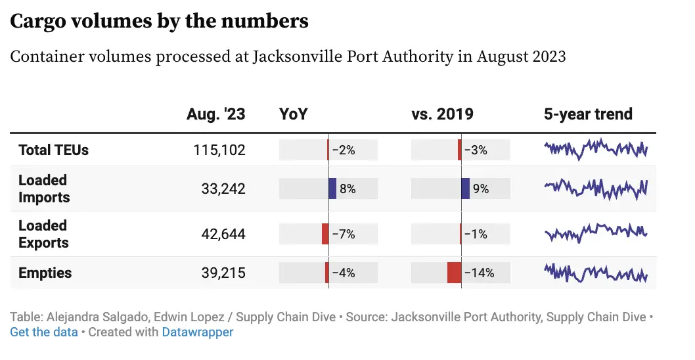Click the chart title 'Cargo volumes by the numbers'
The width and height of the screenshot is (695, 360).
coord(159,21)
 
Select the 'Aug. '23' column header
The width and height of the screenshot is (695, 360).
coord(215,114)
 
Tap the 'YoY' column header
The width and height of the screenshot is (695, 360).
coord(294,114)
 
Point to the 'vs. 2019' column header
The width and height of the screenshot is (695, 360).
coord(442,114)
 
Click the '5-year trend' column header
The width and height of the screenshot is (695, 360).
coord(588,114)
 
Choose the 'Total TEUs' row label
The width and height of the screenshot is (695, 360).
coord(53,150)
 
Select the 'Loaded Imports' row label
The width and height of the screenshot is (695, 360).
coord(43,189)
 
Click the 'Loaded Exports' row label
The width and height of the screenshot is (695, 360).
coord(43,234)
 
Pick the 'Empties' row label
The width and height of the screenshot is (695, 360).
coord(45,273)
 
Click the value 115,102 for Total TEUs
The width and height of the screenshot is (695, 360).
coord(219,150)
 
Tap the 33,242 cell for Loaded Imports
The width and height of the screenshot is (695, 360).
coord(223,189)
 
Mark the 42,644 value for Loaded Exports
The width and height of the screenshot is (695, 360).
coord(223,234)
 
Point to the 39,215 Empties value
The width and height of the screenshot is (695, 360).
coord(223,273)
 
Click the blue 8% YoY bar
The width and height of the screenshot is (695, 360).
coord(332,189)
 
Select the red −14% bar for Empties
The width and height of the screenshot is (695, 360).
coord(454,273)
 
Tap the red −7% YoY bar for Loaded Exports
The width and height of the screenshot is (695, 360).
coord(325,234)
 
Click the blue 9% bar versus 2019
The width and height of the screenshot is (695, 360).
coord(466,189)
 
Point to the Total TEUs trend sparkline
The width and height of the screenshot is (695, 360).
coord(596,149)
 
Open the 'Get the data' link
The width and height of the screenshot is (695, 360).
coord(44,332)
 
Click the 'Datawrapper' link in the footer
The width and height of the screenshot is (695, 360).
coord(198,332)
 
